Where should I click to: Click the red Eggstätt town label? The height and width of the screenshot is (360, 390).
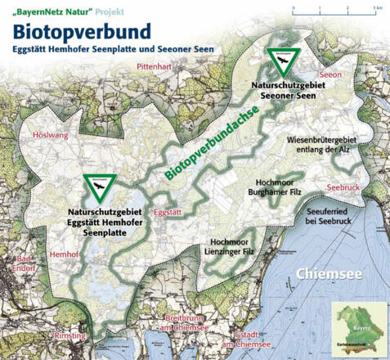tap(168, 211)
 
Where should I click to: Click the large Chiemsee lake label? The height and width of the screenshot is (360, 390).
tap(326, 272)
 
